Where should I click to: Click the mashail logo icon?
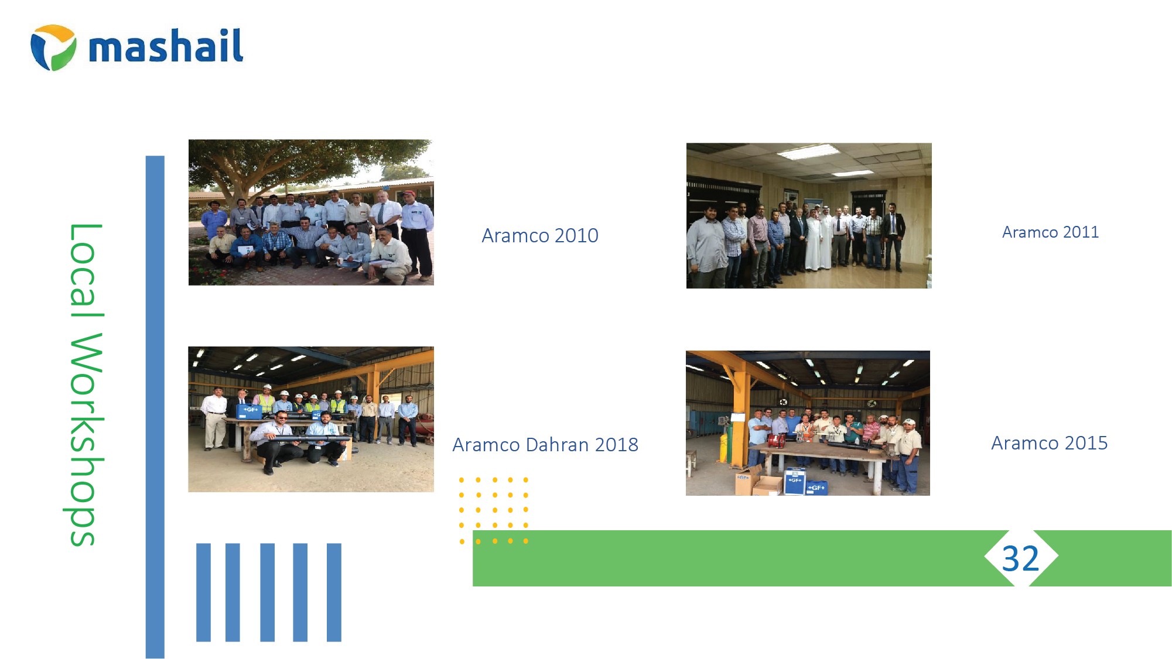(53, 47)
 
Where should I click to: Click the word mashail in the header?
(166, 46)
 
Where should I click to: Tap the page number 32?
(1020, 558)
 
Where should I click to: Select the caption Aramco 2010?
(540, 235)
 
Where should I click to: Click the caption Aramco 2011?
(1050, 232)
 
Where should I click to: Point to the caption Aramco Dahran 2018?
(545, 445)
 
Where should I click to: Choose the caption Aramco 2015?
(1050, 443)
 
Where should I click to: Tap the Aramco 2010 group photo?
(311, 212)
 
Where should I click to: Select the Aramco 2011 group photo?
(809, 215)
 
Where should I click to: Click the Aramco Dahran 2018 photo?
(311, 419)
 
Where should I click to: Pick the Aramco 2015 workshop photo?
(808, 423)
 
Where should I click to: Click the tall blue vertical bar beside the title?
(155, 407)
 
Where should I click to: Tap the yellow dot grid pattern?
(494, 510)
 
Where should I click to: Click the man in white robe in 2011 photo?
(818, 240)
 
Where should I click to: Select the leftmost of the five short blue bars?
(203, 592)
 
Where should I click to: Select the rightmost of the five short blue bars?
(334, 592)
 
